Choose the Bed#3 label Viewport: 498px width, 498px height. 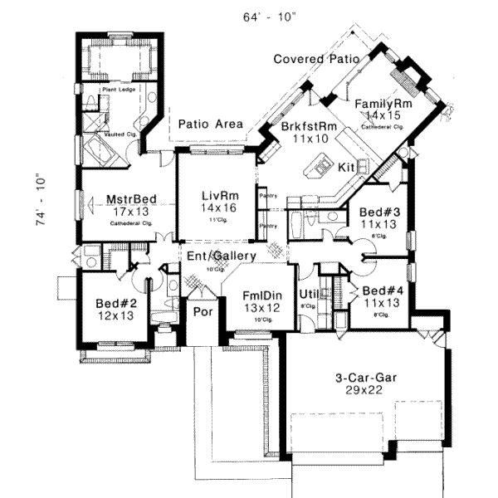380,212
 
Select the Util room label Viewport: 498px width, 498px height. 309,294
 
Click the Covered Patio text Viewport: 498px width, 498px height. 315,59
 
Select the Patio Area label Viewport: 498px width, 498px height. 211,124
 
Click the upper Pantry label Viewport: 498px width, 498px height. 267,196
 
